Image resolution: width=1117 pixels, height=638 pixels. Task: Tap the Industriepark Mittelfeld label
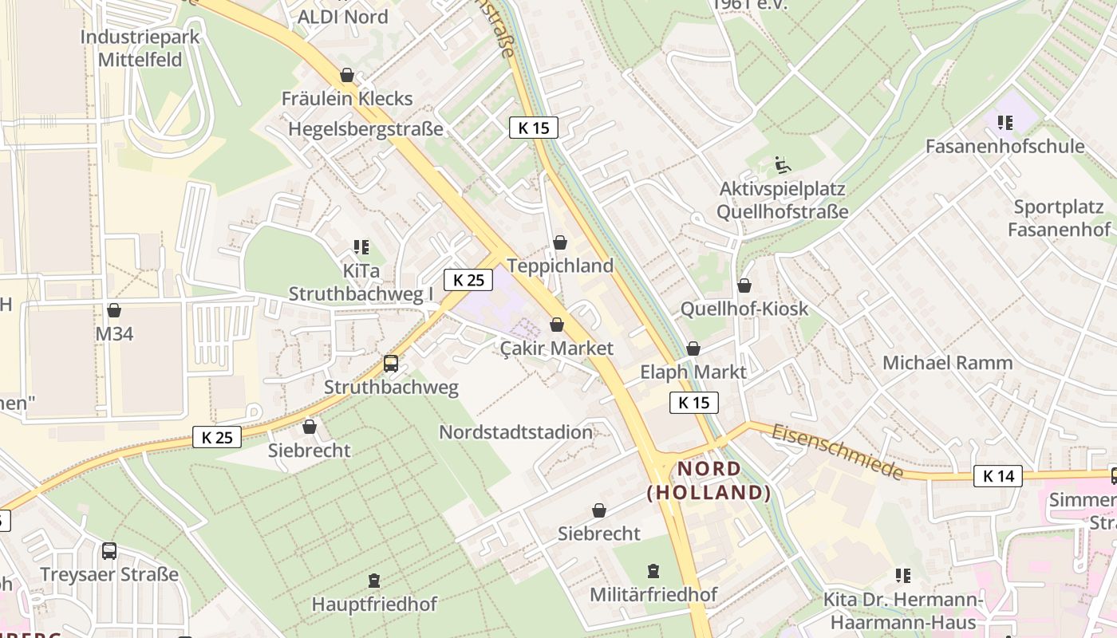(140, 48)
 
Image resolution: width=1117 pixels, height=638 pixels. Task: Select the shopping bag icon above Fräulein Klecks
(347, 75)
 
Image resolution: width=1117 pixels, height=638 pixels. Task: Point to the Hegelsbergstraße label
(365, 129)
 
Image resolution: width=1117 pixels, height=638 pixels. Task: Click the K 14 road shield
(997, 476)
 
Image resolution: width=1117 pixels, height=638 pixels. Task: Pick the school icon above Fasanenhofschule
(1005, 123)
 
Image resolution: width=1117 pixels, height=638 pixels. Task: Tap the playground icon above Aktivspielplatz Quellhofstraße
(782, 166)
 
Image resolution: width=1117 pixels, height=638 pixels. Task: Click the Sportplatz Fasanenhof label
(1059, 219)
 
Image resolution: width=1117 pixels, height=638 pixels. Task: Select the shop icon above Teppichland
(560, 242)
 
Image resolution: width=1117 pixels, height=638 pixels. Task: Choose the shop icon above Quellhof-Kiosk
(744, 285)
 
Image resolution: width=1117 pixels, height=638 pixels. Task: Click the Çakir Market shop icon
(557, 325)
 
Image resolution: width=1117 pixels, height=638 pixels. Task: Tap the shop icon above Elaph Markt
(693, 349)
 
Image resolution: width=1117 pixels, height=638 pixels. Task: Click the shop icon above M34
(114, 310)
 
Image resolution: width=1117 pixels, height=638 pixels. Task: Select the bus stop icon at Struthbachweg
(391, 364)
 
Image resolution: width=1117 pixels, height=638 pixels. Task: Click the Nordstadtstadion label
(516, 432)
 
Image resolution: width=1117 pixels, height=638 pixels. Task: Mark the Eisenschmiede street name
(838, 451)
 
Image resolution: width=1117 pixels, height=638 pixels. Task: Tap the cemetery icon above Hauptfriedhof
(374, 581)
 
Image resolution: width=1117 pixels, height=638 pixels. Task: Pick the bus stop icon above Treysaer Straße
(109, 550)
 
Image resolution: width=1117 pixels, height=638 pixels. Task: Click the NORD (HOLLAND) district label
(709, 481)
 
